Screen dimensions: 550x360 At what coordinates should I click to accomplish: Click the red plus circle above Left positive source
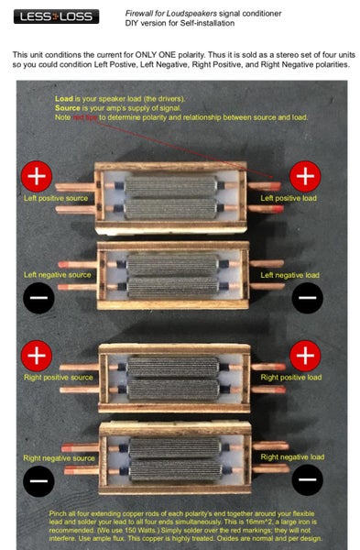coord(38,175)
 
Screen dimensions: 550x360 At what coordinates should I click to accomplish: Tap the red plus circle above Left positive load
coord(306,175)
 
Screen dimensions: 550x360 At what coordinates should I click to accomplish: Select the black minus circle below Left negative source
coord(38,298)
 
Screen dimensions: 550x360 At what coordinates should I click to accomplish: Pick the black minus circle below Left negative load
coord(306,297)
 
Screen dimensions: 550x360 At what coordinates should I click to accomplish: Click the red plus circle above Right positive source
coord(38,355)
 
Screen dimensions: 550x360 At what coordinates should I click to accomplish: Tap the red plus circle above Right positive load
coord(306,355)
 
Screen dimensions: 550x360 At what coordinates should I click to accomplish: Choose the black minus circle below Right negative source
coord(38,478)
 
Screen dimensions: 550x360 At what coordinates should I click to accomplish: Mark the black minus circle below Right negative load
coord(306,478)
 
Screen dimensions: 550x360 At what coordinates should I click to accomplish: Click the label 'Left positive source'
coord(56,198)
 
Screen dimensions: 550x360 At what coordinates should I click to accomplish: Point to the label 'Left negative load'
coord(290,274)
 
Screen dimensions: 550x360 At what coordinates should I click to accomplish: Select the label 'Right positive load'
coord(291,377)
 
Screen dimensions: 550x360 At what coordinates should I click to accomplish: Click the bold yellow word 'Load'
coord(64,98)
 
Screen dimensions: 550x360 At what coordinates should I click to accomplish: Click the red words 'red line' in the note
coord(85,116)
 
